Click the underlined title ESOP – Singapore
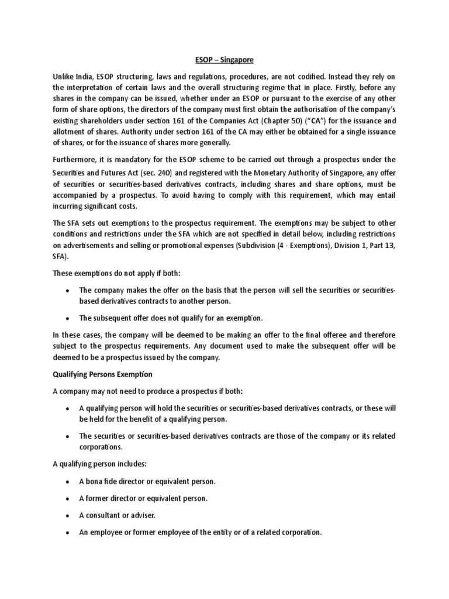(224, 59)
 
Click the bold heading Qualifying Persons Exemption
(102, 374)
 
